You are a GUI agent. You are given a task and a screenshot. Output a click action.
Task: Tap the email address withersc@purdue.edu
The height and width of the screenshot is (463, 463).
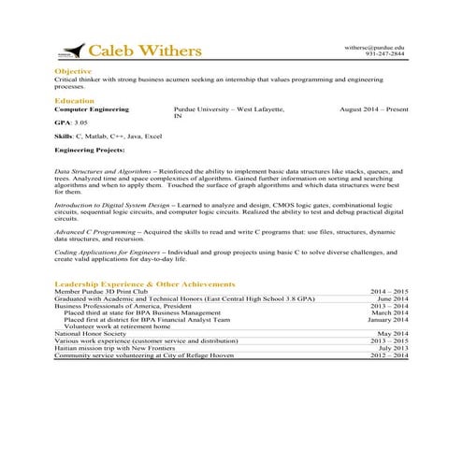point(375,47)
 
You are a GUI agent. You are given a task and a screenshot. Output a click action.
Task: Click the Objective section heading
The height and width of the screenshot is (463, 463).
point(73,71)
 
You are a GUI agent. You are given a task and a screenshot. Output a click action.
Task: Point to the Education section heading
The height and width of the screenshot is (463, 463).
point(75,100)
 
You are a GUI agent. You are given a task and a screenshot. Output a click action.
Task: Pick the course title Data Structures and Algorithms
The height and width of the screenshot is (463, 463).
point(102,173)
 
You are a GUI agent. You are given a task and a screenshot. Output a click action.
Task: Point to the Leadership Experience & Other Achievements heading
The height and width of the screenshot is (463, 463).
point(145,283)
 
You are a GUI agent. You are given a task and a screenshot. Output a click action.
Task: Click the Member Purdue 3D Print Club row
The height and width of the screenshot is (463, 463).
point(102,292)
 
